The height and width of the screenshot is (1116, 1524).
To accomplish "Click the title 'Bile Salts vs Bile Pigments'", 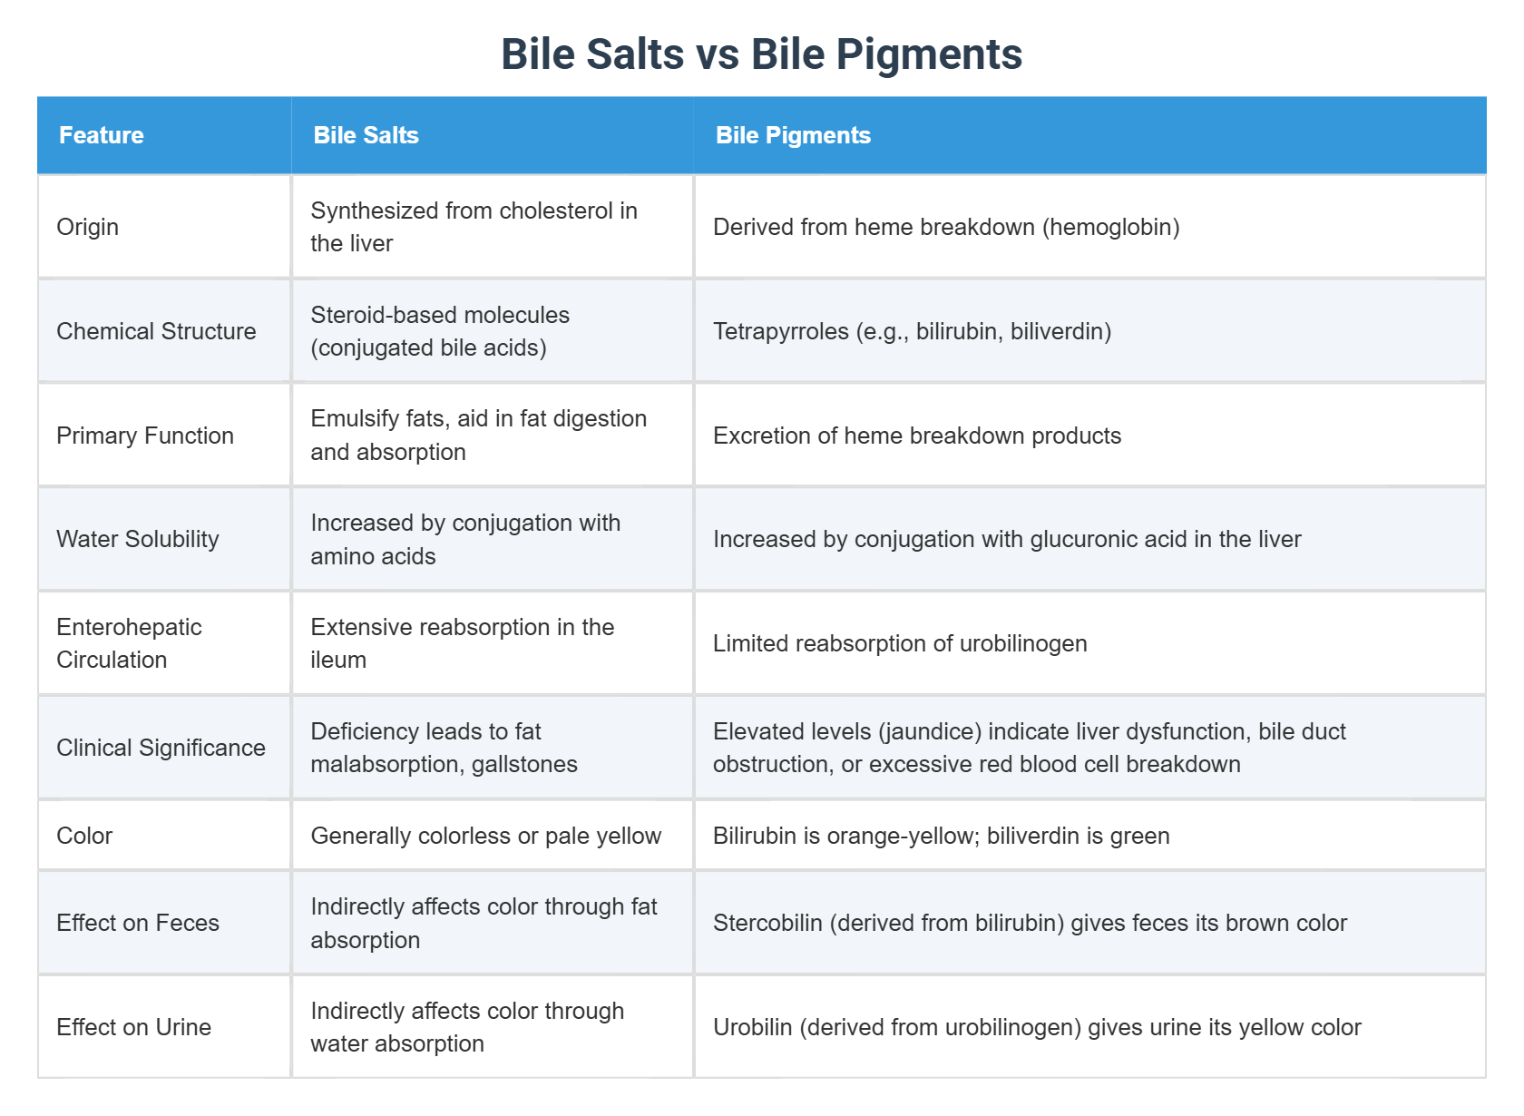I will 761,54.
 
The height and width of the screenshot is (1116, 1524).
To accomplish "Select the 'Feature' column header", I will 102,135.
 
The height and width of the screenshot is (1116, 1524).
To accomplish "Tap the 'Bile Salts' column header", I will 366,135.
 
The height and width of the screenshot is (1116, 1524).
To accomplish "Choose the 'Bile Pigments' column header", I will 793,135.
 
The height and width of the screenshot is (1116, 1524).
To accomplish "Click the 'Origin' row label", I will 87,227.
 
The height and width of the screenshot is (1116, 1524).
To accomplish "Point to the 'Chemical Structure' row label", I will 156,331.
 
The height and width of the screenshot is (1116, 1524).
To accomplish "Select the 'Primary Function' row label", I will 145,436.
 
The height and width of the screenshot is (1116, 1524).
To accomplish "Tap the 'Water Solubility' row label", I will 138,539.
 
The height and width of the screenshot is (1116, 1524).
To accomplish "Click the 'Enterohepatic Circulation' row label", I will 129,643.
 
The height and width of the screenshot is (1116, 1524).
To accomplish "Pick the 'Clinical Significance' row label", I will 161,748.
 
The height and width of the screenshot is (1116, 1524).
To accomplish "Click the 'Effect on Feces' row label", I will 138,923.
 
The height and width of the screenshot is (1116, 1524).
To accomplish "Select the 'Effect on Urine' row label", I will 133,1027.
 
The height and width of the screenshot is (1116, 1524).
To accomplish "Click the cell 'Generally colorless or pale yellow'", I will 485,836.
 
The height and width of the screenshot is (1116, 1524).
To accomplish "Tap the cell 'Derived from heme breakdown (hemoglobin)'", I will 946,227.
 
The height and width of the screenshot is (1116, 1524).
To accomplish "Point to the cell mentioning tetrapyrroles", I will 912,331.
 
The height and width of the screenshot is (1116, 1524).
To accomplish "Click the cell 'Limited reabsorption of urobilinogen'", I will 900,643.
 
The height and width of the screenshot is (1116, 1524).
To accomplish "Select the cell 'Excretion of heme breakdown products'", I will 917,436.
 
